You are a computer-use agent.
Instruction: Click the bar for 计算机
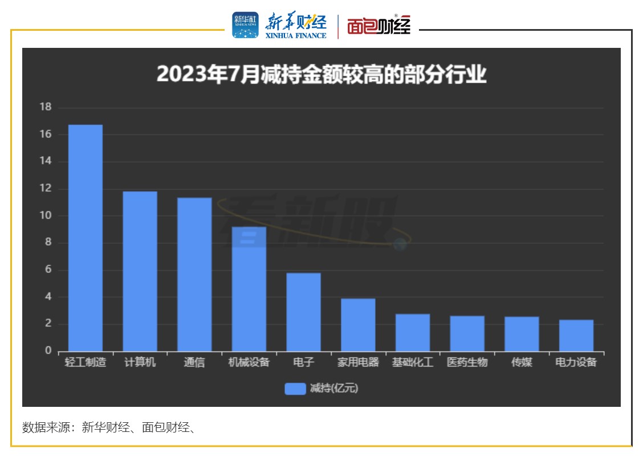pos(140,271)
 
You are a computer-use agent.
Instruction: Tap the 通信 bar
pos(194,274)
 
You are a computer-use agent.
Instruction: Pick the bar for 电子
pos(303,312)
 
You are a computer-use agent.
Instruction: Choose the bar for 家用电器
pos(358,325)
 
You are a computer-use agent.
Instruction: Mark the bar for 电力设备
pos(576,336)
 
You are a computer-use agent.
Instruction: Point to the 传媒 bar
pos(522,334)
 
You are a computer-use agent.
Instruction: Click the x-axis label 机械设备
pos(249,362)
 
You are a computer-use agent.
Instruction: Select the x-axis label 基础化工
pos(413,362)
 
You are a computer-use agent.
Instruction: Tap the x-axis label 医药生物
pos(467,362)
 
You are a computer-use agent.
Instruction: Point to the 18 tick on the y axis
pos(46,107)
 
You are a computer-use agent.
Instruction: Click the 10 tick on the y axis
pos(46,215)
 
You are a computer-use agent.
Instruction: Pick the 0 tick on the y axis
pos(48,351)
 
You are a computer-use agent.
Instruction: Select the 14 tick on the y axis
pos(46,161)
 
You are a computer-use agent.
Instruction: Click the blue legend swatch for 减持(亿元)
pos(295,389)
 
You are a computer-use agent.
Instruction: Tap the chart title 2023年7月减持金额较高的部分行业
pos(321,75)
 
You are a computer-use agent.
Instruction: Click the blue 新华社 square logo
pos(245,25)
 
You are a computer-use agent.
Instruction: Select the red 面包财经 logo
pos(379,26)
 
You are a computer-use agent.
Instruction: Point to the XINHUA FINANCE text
pos(296,35)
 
